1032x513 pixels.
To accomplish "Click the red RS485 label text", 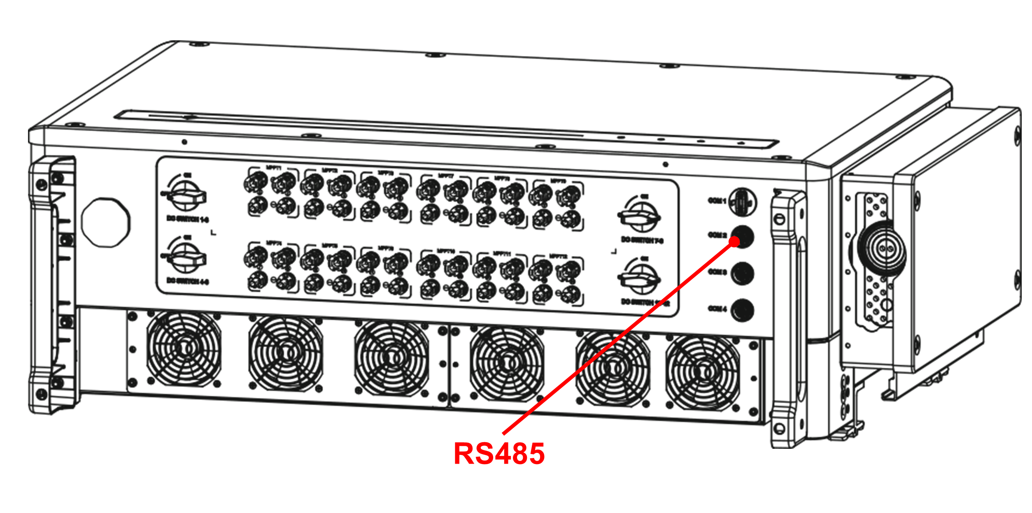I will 499,454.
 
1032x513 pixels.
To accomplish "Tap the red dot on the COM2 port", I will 734,241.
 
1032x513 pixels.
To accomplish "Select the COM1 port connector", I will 742,202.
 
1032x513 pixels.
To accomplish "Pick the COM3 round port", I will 742,274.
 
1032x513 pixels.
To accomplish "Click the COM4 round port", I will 742,310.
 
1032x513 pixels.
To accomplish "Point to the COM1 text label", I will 717,201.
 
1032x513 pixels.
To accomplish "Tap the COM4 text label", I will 717,309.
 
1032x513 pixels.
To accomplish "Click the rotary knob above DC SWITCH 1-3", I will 186,196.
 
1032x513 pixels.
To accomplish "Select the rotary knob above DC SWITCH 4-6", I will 186,258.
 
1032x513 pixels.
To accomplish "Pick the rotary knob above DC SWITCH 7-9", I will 640,216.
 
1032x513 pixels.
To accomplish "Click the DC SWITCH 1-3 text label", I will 188,219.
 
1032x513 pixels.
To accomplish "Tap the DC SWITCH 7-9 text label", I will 642,239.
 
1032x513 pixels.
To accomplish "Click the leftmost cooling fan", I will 184,349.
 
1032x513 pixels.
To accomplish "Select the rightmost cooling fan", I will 702,373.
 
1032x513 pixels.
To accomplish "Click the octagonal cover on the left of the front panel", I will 106,222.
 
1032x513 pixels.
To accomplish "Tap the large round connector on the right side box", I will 882,248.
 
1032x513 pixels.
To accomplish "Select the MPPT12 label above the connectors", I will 559,256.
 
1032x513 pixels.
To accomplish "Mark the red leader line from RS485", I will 617,337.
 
